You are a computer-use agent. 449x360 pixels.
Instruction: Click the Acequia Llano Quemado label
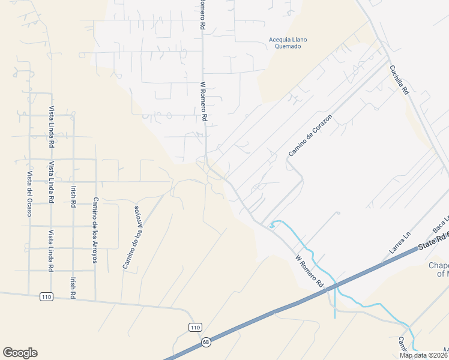pos(287,43)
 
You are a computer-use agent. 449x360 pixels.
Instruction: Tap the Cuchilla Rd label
pos(399,80)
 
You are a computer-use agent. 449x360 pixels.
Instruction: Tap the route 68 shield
pos(205,342)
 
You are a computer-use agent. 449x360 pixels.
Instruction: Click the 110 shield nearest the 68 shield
pos(194,327)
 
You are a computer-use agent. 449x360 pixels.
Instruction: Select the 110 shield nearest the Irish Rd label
pos(46,296)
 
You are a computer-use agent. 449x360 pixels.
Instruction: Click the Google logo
pos(20,353)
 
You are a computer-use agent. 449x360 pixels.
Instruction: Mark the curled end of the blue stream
pos(272,226)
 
